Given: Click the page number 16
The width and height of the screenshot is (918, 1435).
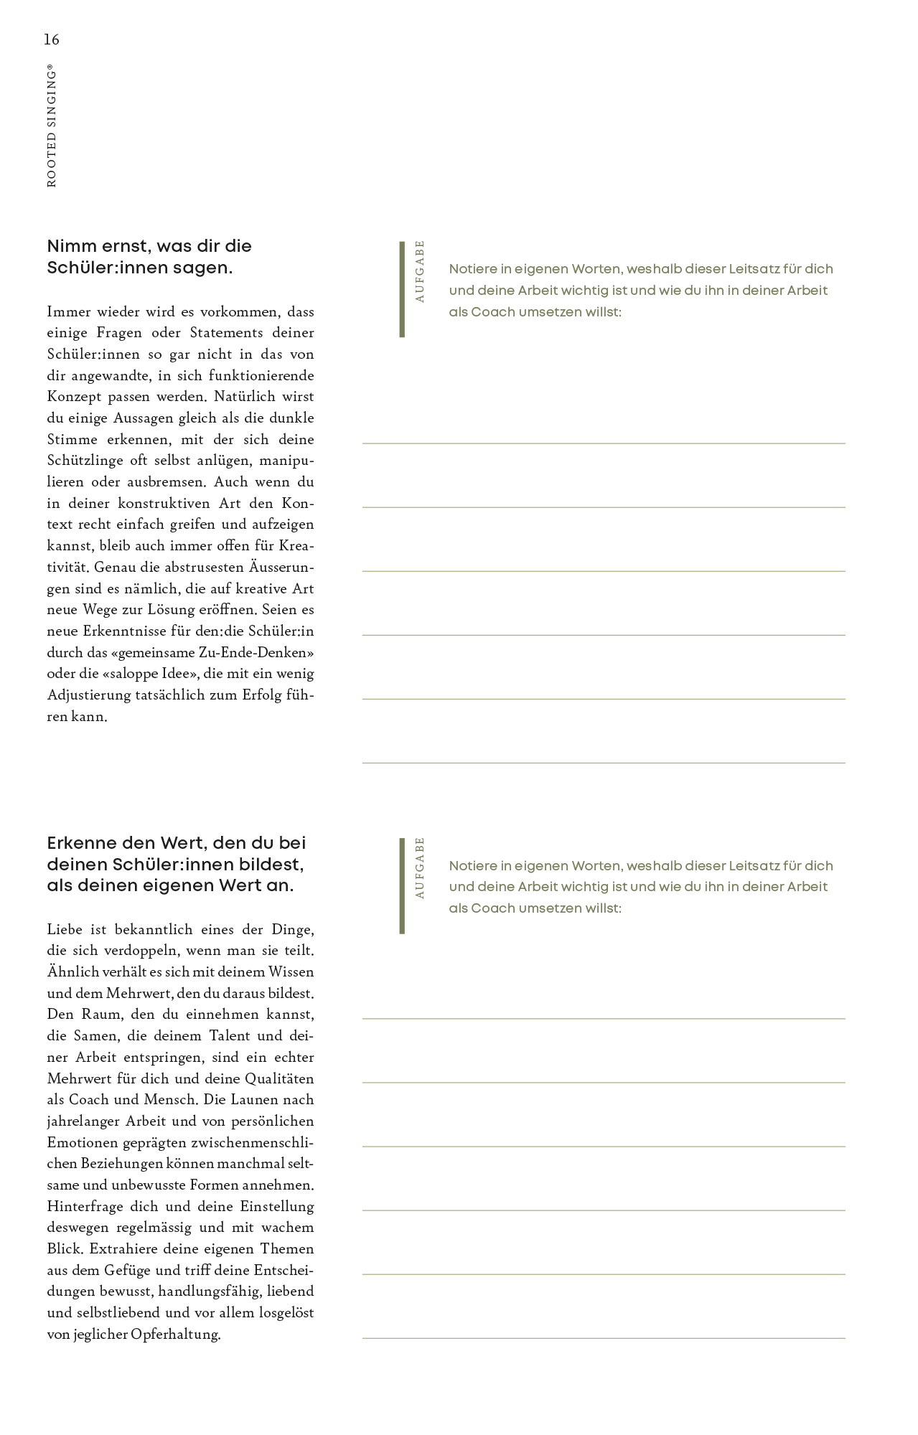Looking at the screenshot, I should coord(52,39).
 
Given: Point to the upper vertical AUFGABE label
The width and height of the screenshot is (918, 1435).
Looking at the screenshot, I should coord(420,271).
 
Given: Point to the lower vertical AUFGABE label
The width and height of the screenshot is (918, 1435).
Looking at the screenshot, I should coord(420,867).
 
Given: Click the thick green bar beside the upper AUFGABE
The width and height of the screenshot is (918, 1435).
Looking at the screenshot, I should coord(402,289).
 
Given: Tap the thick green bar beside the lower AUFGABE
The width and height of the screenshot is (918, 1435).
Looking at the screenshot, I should coord(402,885).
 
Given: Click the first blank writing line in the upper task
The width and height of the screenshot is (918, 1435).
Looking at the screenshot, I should coord(603,443).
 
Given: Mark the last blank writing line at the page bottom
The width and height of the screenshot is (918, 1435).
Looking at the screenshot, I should coord(603,1338).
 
